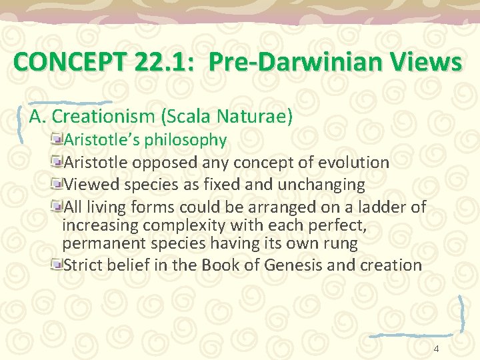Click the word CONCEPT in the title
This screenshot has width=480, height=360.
point(53,63)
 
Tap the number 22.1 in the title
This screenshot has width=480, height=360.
point(149,63)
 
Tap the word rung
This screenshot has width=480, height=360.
point(343,243)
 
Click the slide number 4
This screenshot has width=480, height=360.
point(436,349)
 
